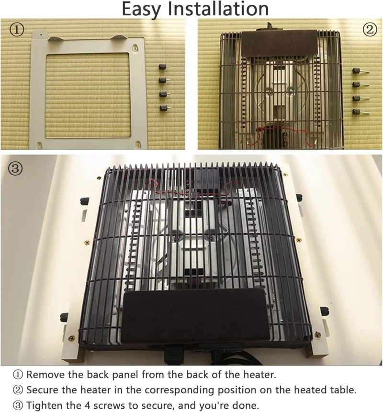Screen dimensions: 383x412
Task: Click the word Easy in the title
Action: coord(141,9)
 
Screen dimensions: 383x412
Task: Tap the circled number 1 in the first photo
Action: coord(17,30)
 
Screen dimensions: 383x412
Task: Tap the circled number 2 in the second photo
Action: coord(370,30)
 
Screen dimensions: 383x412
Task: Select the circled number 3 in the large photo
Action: coord(15,168)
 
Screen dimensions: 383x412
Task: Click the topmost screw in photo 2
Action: coord(360,71)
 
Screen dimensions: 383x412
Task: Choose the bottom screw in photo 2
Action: coord(360,112)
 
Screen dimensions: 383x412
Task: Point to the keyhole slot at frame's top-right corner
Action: coord(135,48)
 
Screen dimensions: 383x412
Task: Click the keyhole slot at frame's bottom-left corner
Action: coord(39,145)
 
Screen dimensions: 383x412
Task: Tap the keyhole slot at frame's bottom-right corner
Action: coord(138,145)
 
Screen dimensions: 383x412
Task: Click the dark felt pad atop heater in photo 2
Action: coord(278,43)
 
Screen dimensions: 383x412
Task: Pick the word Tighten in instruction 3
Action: coord(45,405)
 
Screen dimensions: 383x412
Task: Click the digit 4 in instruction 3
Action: coord(88,405)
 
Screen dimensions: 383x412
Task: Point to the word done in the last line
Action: coord(244,405)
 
